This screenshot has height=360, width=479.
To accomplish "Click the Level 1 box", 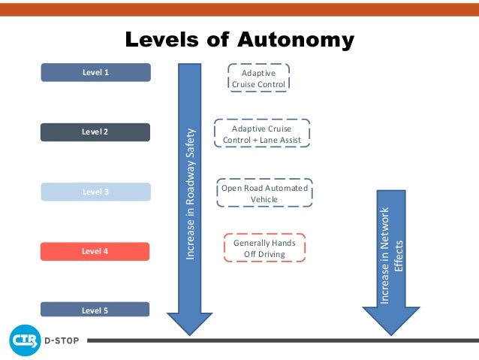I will point(95,73).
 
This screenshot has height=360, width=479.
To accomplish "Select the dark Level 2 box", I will point(95,132).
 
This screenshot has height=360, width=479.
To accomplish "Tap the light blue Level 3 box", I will point(95,192).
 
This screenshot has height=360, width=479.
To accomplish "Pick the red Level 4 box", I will point(95,251).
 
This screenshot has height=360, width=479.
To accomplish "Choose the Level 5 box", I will point(95,309).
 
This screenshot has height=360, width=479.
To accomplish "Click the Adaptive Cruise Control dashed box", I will point(258,79).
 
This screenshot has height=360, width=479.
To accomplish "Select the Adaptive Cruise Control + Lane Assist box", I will point(261,134).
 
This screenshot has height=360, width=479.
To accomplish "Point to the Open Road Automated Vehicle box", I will point(264,193).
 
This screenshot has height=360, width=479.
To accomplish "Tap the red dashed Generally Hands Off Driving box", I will point(264,249).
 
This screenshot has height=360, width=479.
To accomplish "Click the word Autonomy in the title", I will point(294,40).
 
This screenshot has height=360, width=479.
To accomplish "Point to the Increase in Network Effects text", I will point(392,256).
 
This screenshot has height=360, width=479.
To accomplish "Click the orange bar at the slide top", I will point(239,8).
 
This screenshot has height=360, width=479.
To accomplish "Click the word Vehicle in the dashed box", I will point(264,199).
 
